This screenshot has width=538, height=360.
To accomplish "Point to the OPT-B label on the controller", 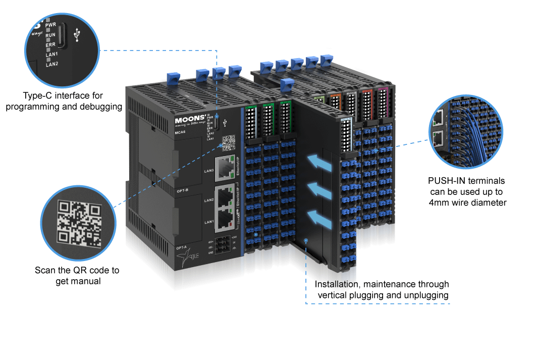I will (x=182, y=190).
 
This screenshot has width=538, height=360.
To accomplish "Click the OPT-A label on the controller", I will (x=182, y=247).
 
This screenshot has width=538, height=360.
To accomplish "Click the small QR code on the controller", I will (x=229, y=143).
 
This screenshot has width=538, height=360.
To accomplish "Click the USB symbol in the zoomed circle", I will (x=77, y=36).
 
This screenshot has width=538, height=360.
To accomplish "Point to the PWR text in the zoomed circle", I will (x=50, y=24).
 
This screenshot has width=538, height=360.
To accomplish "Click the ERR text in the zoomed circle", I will (x=50, y=45).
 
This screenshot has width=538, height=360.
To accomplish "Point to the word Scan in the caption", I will (x=44, y=270).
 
